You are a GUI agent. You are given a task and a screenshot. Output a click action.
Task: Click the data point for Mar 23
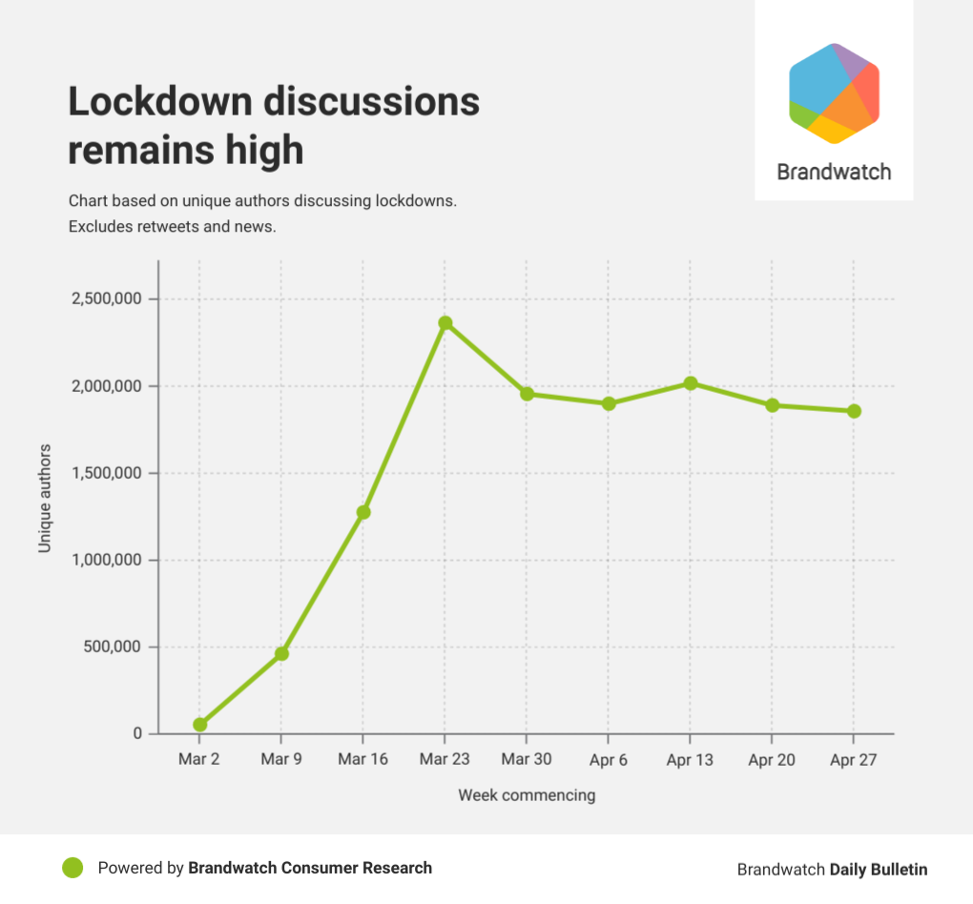(445, 323)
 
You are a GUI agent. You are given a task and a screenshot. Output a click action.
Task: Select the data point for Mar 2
(199, 725)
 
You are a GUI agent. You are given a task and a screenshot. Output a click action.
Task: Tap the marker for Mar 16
(363, 512)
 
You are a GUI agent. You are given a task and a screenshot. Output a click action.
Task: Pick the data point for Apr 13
(690, 383)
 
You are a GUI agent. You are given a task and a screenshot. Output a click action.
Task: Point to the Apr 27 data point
(854, 411)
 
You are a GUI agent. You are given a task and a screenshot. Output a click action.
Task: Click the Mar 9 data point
(281, 654)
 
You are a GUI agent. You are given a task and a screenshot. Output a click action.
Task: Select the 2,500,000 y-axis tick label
(107, 299)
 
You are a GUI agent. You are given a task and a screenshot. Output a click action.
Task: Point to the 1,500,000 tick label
(107, 474)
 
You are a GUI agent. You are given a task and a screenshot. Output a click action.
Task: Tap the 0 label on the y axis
(138, 734)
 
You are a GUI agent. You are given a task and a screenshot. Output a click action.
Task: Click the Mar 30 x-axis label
(527, 761)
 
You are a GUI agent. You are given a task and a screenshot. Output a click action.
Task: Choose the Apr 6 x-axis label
(609, 761)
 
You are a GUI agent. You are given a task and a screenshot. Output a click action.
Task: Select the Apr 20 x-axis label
(772, 761)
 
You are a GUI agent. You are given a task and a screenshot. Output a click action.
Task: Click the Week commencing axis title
(527, 795)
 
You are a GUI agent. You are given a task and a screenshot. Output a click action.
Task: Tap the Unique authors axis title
(45, 497)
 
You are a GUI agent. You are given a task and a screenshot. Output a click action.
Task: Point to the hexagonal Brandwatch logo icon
(834, 93)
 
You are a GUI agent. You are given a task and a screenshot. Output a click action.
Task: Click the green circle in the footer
(72, 868)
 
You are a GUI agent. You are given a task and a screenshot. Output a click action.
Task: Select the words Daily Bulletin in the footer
(878, 870)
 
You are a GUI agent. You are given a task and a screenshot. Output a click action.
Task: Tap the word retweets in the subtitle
(157, 228)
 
